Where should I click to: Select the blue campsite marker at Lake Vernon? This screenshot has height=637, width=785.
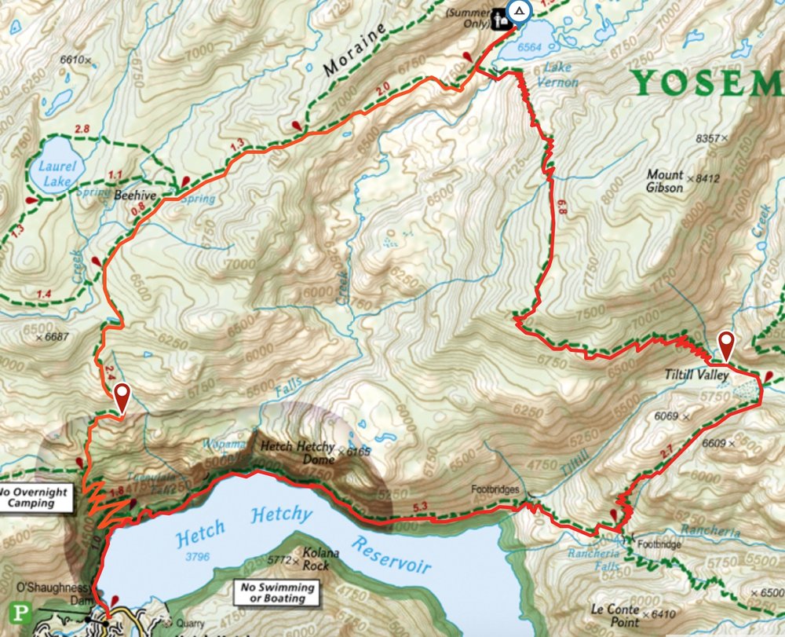(x=519, y=12)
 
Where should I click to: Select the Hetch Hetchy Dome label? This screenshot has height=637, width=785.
(x=298, y=447)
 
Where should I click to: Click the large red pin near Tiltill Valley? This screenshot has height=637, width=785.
(x=728, y=346)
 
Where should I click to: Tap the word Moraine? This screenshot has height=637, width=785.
(x=356, y=49)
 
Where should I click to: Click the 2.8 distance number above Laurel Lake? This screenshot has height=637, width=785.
(x=80, y=128)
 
